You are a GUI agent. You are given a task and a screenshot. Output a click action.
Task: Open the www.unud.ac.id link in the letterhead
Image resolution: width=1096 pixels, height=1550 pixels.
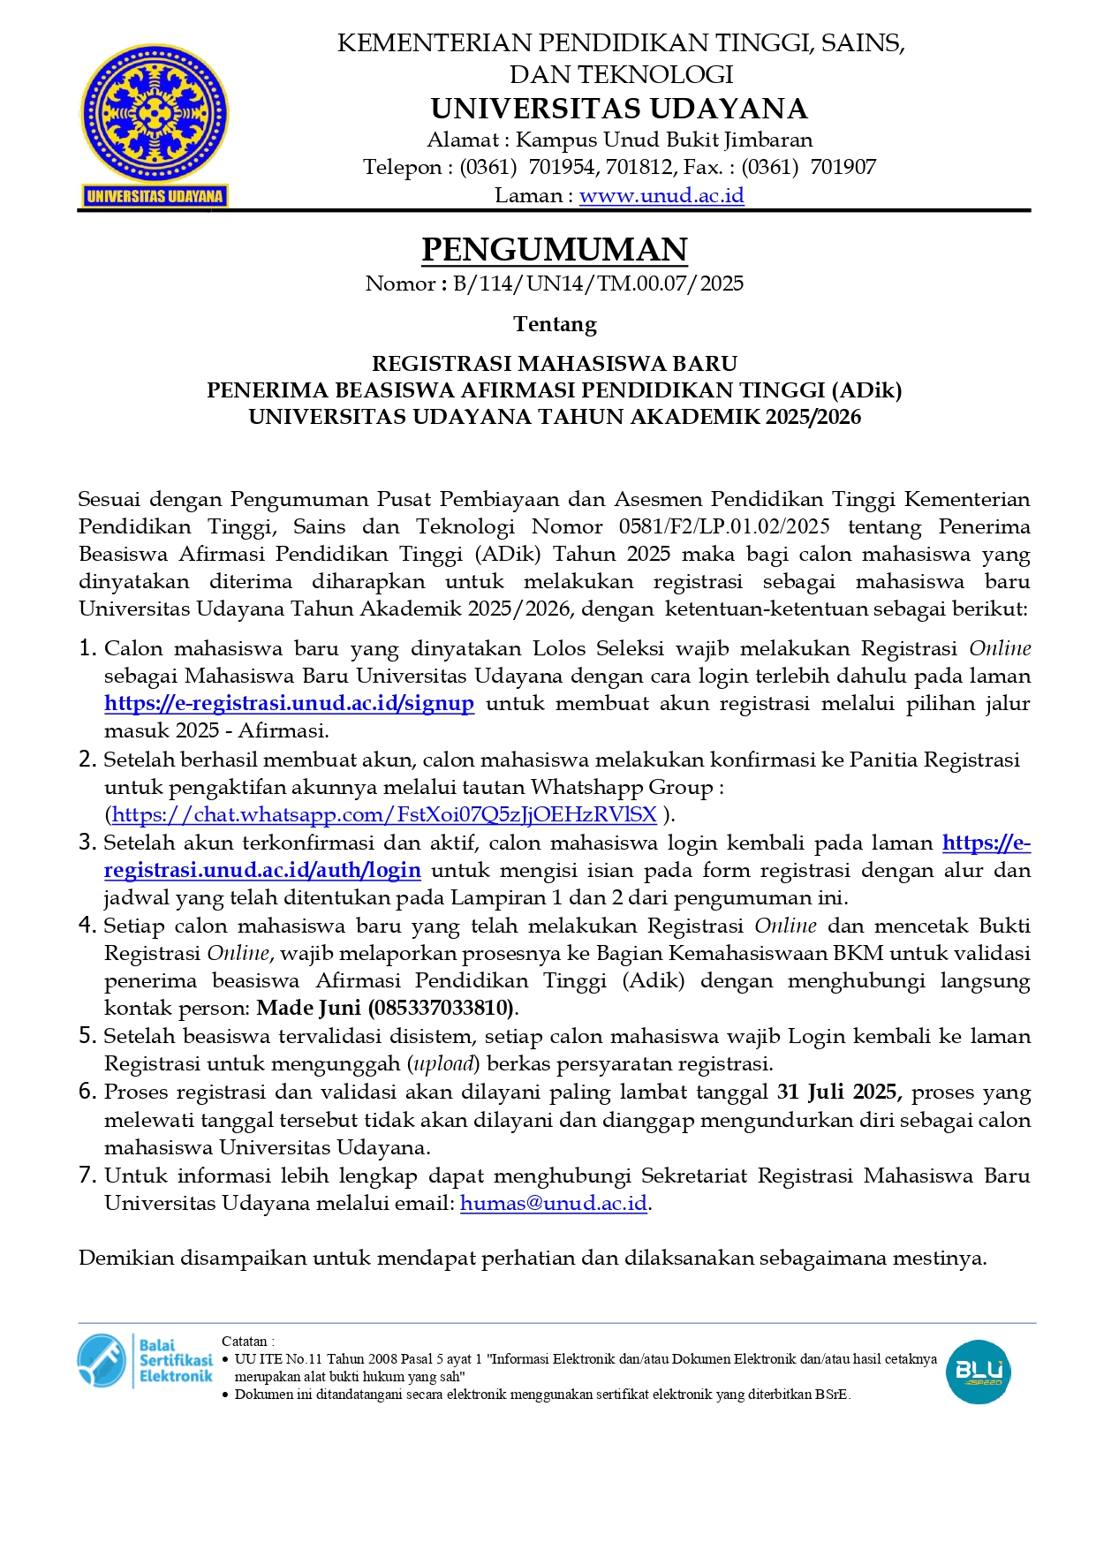(661, 195)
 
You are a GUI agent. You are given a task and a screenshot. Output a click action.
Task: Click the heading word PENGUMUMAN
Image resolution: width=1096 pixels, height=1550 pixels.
(554, 250)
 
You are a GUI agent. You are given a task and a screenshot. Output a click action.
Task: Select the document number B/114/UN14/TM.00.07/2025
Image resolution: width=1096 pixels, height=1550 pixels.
(598, 284)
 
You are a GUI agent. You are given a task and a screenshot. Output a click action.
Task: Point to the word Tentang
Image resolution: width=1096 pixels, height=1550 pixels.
(555, 324)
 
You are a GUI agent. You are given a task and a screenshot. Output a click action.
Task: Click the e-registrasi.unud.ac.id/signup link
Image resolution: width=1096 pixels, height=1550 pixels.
(289, 703)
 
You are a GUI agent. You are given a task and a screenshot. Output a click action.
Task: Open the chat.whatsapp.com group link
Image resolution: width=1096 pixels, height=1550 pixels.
(384, 814)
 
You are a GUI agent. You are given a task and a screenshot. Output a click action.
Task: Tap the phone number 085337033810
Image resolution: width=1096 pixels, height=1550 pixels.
(442, 1008)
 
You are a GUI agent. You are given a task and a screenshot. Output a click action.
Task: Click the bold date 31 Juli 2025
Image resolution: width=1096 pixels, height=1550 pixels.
(838, 1092)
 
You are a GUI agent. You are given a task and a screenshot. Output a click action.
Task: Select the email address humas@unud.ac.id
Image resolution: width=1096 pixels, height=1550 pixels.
(554, 1203)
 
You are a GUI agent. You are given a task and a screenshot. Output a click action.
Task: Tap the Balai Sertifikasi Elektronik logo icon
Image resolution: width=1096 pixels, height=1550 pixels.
(102, 1359)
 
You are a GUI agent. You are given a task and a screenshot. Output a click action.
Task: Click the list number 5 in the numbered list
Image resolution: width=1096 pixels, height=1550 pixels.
(87, 1035)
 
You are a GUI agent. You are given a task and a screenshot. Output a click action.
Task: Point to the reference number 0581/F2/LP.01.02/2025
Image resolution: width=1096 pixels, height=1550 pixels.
(724, 526)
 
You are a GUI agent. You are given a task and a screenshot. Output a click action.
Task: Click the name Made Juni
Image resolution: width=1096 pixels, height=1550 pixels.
(308, 1008)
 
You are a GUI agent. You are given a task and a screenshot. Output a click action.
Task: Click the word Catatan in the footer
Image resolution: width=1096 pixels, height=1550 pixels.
(246, 1341)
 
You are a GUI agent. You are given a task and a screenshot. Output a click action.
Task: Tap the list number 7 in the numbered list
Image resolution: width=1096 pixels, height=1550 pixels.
(87, 1175)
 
